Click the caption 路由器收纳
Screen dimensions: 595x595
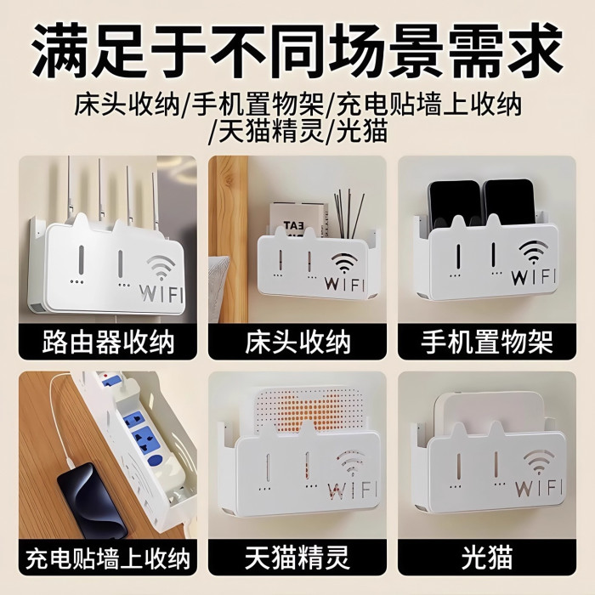coord(108,343)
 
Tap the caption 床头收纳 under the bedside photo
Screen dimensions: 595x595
coord(297,343)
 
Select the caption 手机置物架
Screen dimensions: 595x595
coord(487,343)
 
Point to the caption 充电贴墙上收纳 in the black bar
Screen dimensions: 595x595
coord(108,558)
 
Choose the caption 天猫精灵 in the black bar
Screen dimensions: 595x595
coord(297,558)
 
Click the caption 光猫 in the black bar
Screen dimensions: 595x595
coord(487,558)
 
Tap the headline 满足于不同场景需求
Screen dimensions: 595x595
coord(297,50)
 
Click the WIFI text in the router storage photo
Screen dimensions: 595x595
coord(161,293)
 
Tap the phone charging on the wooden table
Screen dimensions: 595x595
coord(92,495)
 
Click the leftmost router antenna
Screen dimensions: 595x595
coord(68,189)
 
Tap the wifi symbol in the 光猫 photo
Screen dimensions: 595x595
coord(538,462)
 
